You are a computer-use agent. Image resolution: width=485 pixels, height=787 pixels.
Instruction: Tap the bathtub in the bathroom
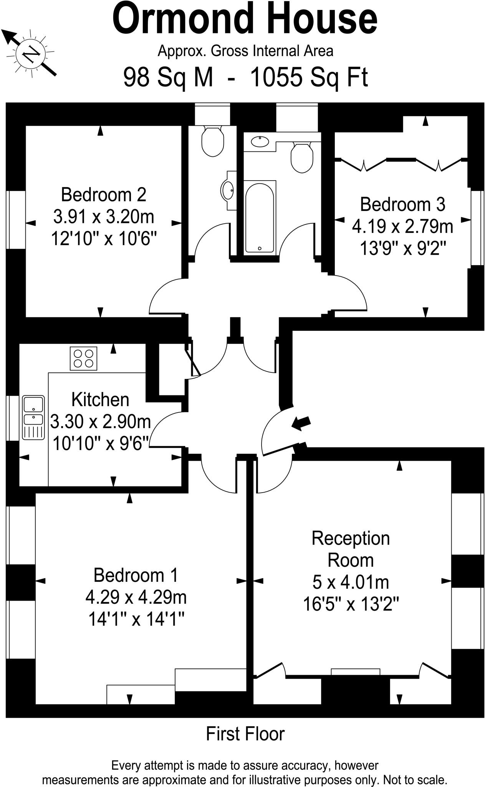point(260,218)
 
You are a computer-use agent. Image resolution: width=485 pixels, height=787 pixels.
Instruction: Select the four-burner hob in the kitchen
point(83,358)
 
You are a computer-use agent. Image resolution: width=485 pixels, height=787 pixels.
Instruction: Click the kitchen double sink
point(33,417)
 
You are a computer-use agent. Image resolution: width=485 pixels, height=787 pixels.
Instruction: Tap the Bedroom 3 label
point(402,204)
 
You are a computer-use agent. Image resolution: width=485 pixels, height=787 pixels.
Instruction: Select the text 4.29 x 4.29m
point(136,597)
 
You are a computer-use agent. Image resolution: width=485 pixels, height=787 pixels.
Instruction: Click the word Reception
point(350,538)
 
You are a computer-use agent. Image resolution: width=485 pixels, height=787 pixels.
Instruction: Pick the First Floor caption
point(245,734)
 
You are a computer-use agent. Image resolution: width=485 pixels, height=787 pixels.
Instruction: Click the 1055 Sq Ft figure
point(309,77)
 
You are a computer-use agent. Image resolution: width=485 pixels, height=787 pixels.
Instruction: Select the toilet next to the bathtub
point(302,158)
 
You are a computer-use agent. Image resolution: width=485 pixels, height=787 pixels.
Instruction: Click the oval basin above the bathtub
point(260,142)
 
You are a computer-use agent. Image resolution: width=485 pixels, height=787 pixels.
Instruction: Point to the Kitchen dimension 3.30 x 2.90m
point(101,422)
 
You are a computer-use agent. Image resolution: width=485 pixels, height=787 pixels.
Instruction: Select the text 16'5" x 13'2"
point(351,604)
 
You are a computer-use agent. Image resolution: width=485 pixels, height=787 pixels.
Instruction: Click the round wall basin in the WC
point(228,190)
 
